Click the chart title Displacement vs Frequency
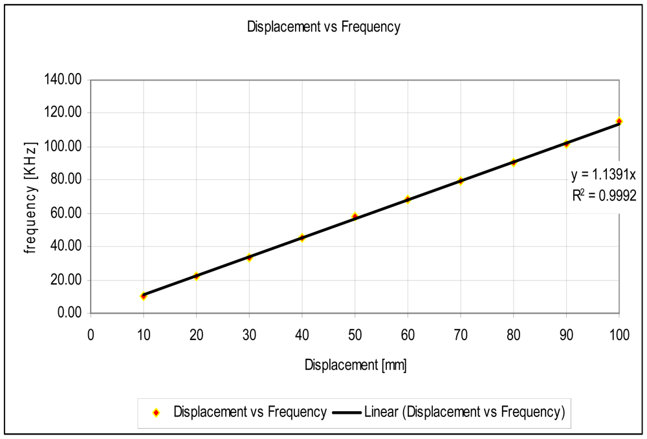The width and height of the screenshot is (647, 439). pyautogui.click(x=323, y=27)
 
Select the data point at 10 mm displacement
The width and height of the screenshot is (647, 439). pyautogui.click(x=144, y=296)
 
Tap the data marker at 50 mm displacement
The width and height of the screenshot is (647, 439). pyautogui.click(x=355, y=216)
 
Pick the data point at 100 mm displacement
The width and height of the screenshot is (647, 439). pyautogui.click(x=619, y=121)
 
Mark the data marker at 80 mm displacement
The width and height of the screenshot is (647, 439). pyautogui.click(x=514, y=162)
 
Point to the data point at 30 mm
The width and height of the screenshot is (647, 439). pyautogui.click(x=249, y=257)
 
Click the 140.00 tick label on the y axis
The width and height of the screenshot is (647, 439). pyautogui.click(x=63, y=80)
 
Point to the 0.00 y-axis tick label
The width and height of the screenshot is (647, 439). pyautogui.click(x=68, y=314)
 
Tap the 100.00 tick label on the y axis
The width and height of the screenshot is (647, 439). pyautogui.click(x=63, y=147)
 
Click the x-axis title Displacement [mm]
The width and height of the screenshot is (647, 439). pyautogui.click(x=355, y=365)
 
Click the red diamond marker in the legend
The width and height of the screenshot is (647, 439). pyautogui.click(x=156, y=412)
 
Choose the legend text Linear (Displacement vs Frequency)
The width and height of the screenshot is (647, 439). pyautogui.click(x=464, y=412)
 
